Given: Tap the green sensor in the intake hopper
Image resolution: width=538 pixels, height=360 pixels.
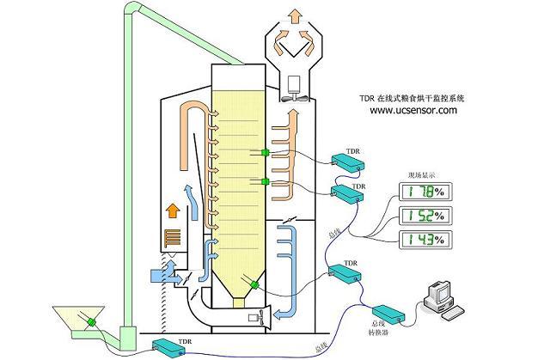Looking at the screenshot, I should coord(87,323).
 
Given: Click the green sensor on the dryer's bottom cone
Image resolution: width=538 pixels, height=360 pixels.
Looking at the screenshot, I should coord(254,284).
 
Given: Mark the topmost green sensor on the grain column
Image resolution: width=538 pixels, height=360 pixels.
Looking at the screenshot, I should coord(266,153).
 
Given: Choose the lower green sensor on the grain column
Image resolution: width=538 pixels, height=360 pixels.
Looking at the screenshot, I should coord(266,182).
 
